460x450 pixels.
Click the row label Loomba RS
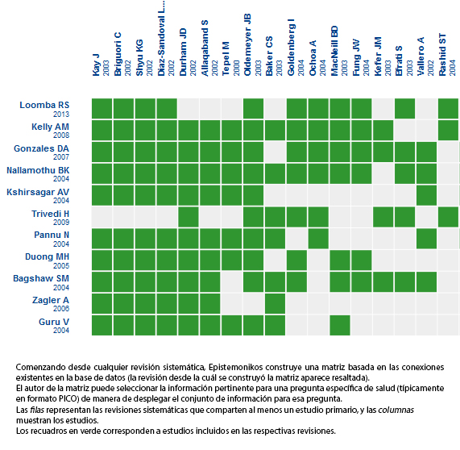tap(44, 105)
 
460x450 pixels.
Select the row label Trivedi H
tap(50, 214)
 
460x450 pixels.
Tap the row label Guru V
tap(54, 322)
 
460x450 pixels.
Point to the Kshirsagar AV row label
tap(38, 192)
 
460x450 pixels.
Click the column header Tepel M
tap(226, 59)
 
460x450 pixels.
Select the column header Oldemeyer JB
tap(247, 44)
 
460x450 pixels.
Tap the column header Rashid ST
tap(442, 55)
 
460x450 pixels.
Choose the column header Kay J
tap(96, 65)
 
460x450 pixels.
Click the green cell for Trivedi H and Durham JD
tap(189, 217)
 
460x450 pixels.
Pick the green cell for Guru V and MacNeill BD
tap(340, 326)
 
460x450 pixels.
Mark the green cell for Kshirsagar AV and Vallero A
tap(426, 195)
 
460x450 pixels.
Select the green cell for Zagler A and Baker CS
tap(276, 304)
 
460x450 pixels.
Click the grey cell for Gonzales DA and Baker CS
tap(276, 152)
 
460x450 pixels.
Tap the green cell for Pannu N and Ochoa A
tap(318, 239)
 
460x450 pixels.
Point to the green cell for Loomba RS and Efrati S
tap(405, 109)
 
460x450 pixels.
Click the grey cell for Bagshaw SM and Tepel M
tap(232, 282)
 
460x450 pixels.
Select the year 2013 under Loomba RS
tap(61, 115)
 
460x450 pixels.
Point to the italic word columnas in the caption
tap(396, 410)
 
